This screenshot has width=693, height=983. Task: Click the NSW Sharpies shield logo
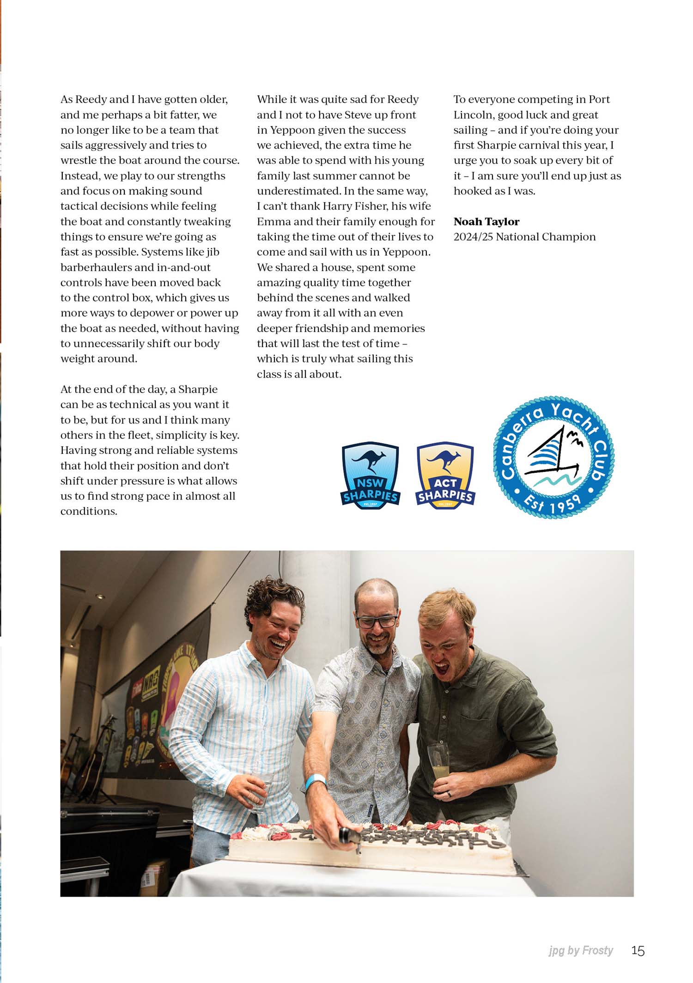pos(371,475)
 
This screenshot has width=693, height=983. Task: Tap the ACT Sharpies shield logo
pos(445,475)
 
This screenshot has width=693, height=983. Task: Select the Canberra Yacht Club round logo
pos(554,457)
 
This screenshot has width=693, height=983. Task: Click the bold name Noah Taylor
pos(486,222)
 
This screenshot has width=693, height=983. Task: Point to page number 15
pos(638,951)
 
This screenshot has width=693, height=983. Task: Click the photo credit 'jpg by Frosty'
pos(581,951)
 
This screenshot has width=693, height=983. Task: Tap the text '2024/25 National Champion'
pos(524,237)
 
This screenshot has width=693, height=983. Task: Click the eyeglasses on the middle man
pos(377,621)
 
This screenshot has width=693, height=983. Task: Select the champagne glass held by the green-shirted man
pos(437,761)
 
